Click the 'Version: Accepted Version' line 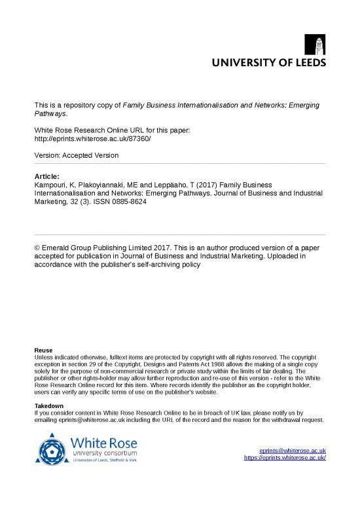[x=77, y=155]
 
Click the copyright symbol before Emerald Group [x=37, y=248]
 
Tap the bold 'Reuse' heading [x=44, y=350]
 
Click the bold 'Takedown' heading [x=50, y=406]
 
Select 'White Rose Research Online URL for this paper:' [x=112, y=131]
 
